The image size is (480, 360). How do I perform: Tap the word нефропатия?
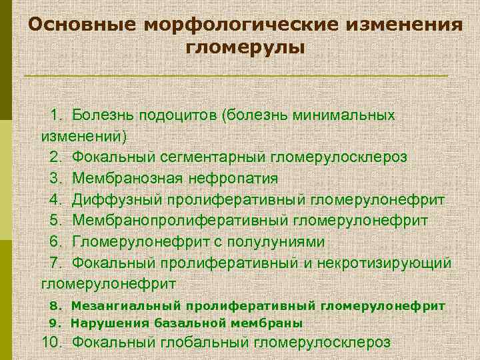point(241,178)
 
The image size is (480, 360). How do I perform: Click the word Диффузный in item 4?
point(117,199)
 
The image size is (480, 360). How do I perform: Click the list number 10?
point(53,343)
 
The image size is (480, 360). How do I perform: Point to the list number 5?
point(56,221)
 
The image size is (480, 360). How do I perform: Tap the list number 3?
point(56,178)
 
